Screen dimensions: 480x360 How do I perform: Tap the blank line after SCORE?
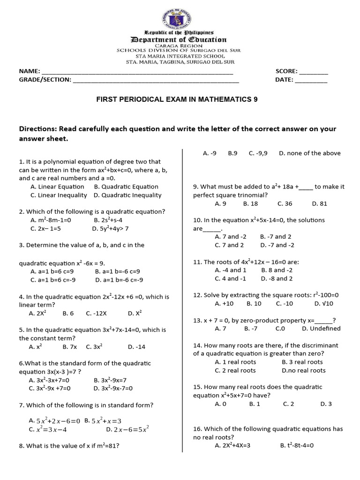coord(314,73)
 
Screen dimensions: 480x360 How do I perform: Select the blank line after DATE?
coord(311,81)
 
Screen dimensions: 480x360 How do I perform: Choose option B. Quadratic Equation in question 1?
coord(120,187)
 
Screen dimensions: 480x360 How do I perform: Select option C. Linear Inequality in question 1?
coord(59,195)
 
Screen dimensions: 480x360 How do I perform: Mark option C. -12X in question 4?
coord(97,313)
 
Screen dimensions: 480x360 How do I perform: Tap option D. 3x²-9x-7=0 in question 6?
coord(113,388)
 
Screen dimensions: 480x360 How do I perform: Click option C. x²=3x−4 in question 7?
coord(48,429)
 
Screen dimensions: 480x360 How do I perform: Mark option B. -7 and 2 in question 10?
coord(276,237)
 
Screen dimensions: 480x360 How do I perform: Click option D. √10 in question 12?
coord(323,303)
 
